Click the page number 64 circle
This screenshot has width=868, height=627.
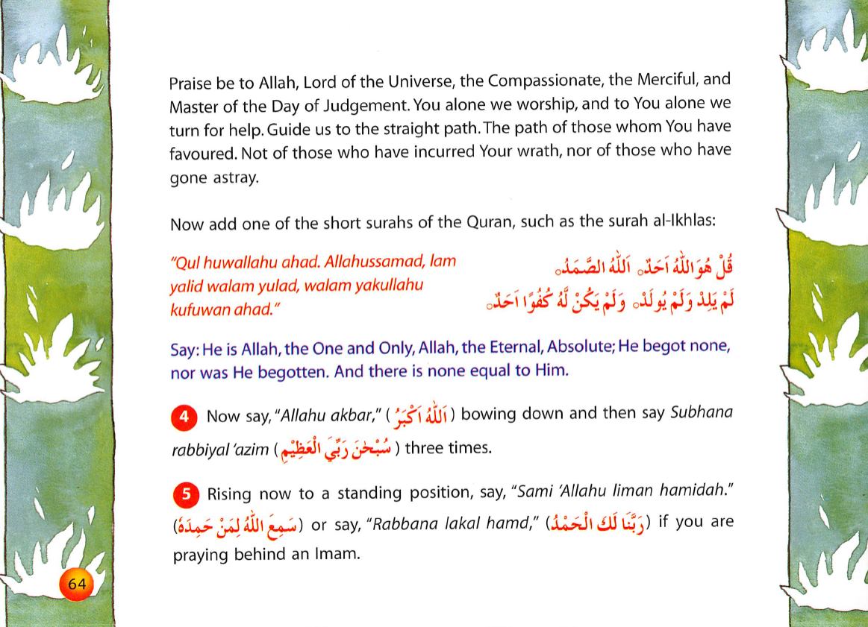(77, 585)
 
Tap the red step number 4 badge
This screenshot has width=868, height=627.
(184, 416)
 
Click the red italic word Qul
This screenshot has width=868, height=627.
(185, 263)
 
